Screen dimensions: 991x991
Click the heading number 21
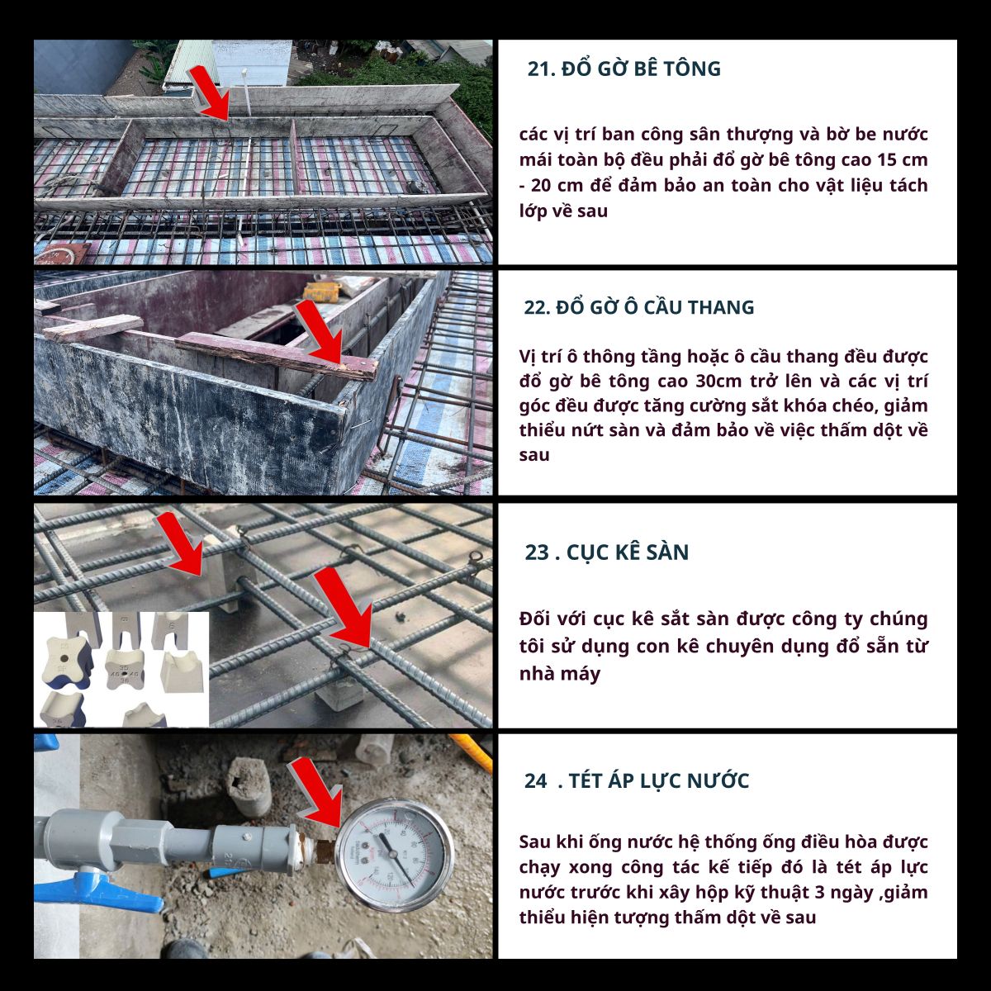541,69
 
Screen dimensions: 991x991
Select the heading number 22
537,307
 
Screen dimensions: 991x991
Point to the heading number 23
537,552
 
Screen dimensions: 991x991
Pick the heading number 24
535,781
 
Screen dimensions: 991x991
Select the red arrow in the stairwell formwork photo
319,333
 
